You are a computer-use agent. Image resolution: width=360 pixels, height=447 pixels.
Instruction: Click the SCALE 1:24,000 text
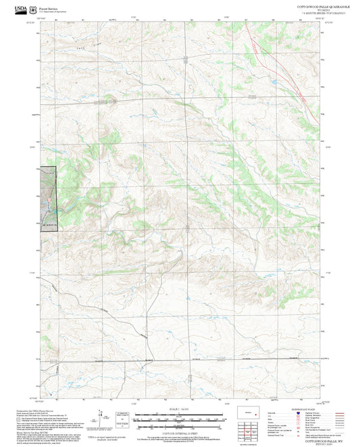pos(180,409)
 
